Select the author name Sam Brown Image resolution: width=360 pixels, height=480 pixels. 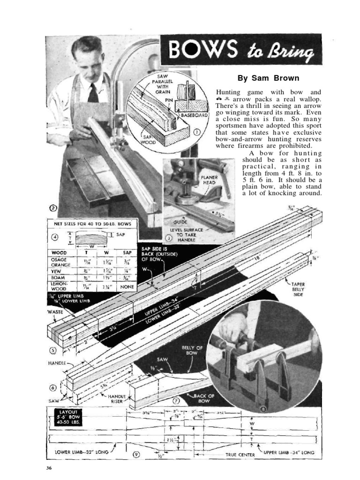pyautogui.click(x=268, y=78)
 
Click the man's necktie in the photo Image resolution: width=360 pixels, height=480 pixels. pyautogui.click(x=93, y=92)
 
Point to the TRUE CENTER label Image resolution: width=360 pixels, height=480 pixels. pyautogui.click(x=240, y=454)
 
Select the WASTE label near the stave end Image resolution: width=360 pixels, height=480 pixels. pyautogui.click(x=55, y=311)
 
